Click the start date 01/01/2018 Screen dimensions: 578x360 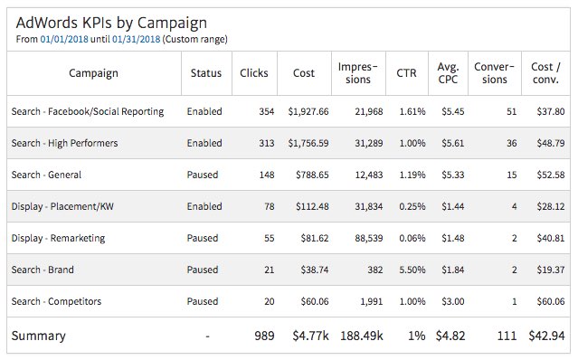[64, 39]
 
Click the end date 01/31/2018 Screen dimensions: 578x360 [136, 39]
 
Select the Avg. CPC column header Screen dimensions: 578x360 [448, 73]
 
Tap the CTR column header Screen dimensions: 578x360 [407, 73]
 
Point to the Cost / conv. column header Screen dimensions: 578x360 [545, 73]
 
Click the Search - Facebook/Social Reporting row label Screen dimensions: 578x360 [88, 111]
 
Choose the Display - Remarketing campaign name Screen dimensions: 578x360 [58, 239]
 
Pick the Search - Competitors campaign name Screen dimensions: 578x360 [56, 301]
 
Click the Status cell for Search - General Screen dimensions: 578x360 [203, 175]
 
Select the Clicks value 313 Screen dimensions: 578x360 [267, 143]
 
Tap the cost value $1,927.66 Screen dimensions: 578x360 [308, 111]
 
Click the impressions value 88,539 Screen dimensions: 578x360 [369, 238]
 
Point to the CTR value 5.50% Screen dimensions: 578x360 [412, 270]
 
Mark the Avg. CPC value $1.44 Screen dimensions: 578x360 [453, 206]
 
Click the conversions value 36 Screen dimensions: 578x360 [512, 143]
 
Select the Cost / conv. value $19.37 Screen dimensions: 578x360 [551, 270]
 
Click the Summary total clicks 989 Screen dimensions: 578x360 [264, 336]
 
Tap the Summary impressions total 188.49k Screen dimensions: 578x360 [362, 336]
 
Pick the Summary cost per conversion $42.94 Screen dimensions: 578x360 [546, 336]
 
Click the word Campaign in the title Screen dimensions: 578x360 [172, 24]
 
